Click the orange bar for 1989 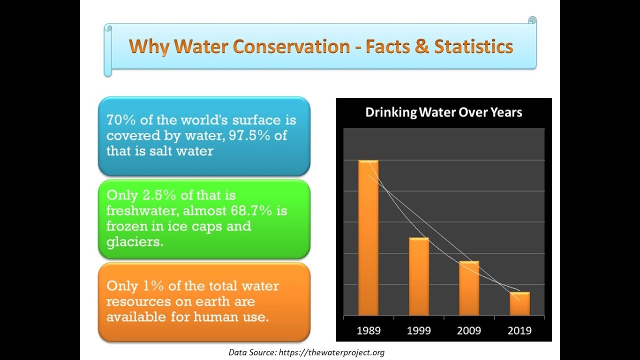pos(368,238)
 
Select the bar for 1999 pos(419,276)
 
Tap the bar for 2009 pos(469,288)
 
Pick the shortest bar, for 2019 pos(519,303)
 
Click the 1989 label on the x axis pos(368,330)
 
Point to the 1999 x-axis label pos(419,330)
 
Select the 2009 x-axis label pos(469,330)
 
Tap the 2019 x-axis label pos(519,330)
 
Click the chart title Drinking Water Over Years pos(443,112)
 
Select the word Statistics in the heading pos(473,46)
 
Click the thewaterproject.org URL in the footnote pos(330,352)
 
